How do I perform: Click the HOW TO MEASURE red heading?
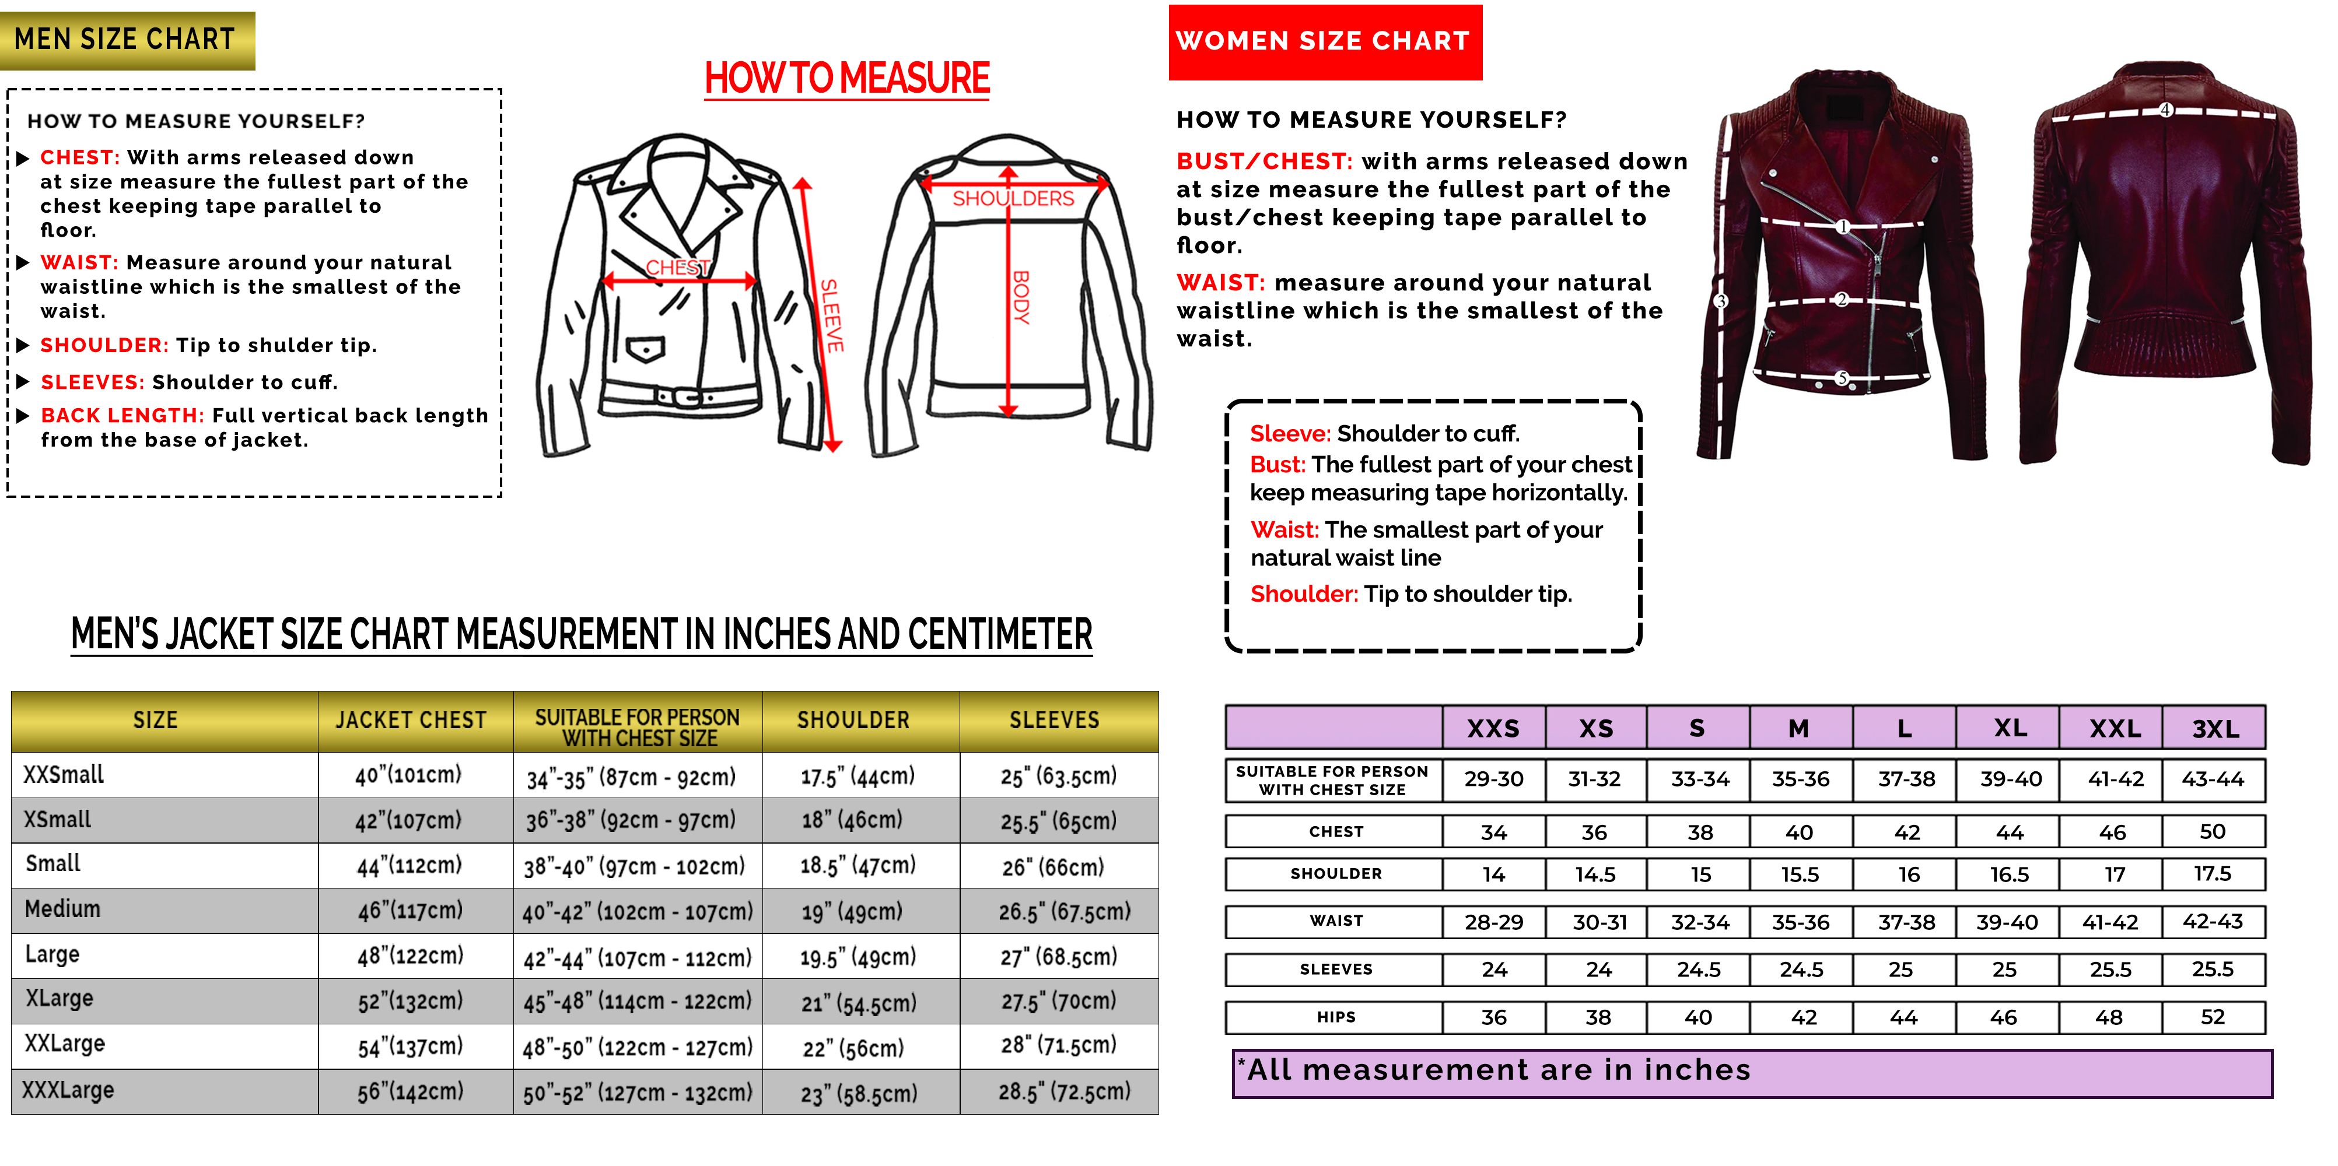pyautogui.click(x=847, y=79)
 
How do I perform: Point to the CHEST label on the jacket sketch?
pyautogui.click(x=677, y=268)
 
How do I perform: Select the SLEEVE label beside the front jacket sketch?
pyautogui.click(x=831, y=316)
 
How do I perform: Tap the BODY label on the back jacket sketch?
pyautogui.click(x=1021, y=298)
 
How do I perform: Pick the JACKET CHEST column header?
pyautogui.click(x=411, y=721)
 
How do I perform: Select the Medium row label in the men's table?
pyautogui.click(x=62, y=909)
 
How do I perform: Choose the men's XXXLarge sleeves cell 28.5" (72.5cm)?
pyautogui.click(x=1064, y=1091)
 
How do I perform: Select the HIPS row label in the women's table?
pyautogui.click(x=1336, y=1017)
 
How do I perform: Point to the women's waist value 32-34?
pyautogui.click(x=1700, y=922)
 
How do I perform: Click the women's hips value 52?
pyautogui.click(x=2213, y=1017)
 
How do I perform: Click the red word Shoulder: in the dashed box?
pyautogui.click(x=1303, y=593)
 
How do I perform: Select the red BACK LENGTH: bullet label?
pyautogui.click(x=123, y=416)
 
